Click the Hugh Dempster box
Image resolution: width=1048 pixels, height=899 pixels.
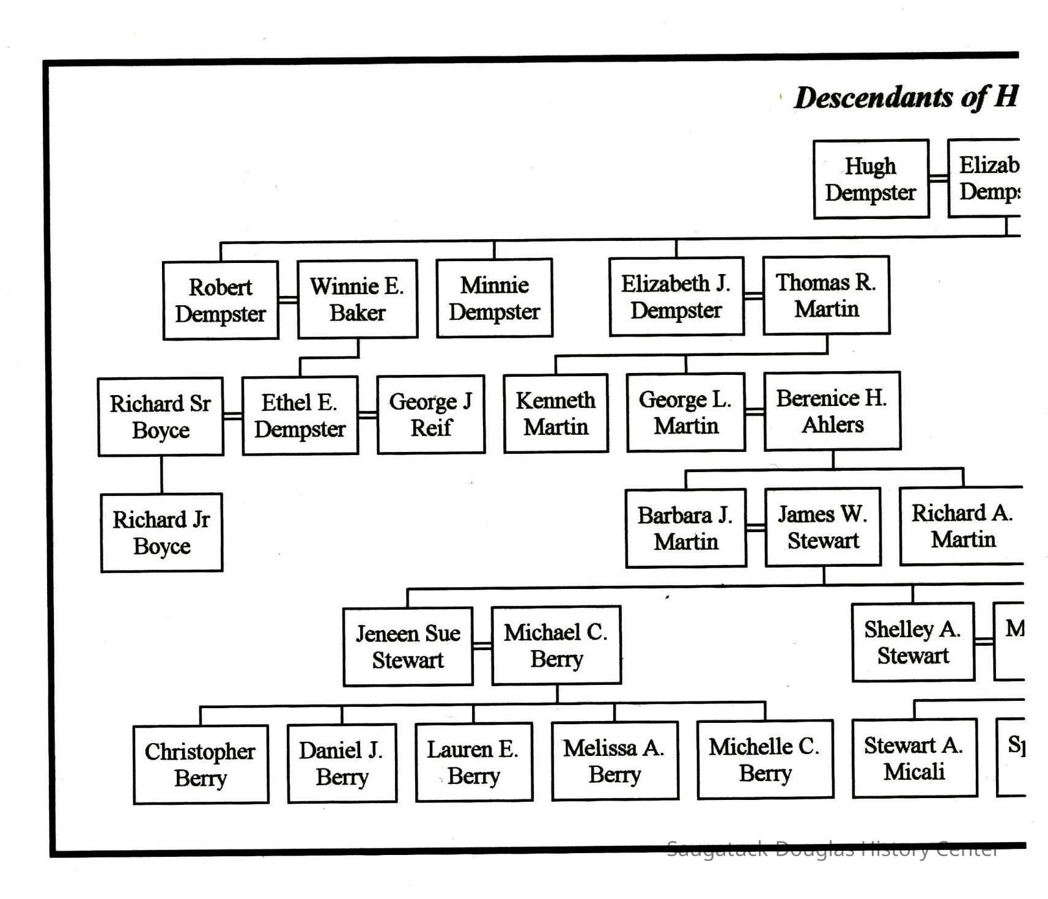pos(871,179)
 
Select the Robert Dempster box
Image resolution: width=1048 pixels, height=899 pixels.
pos(221,300)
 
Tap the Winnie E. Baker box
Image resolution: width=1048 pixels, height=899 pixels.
pos(358,299)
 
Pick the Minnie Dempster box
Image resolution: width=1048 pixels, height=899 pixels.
pos(495,298)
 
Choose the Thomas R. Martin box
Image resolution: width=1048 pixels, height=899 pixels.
pos(826,295)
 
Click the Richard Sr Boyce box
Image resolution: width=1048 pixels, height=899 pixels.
pos(161,416)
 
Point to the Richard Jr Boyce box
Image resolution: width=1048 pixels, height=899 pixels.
pos(162,533)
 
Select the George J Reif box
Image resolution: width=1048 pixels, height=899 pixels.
pos(431,415)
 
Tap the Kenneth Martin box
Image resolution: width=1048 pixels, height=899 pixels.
pos(556,413)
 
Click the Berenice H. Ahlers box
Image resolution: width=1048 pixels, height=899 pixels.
pos(832,411)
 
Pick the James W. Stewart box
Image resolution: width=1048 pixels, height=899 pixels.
pos(823,527)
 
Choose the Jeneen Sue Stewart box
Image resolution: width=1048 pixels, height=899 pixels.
pos(408,646)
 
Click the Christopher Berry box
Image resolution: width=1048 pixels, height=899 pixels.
pos(201,764)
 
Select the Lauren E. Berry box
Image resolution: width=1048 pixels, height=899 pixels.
pos(474,762)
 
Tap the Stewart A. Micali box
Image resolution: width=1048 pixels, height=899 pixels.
pos(915,758)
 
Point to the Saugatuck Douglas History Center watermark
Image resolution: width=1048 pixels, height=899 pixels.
pos(832,849)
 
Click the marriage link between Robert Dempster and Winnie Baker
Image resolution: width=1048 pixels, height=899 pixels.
pos(288,300)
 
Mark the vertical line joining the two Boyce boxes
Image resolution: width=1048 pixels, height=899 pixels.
pos(161,475)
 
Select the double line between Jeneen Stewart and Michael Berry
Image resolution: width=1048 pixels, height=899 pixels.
pos(482,646)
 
